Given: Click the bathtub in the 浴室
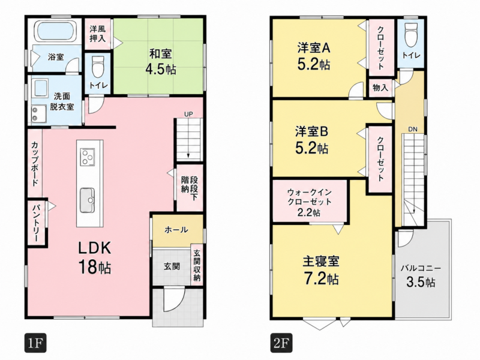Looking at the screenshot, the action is point(56,32).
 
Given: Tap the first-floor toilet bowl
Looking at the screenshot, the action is point(98,67).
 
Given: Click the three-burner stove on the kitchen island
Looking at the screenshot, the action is point(88,157).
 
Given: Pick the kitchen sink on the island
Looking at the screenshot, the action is point(87,200).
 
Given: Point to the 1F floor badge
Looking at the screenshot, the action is point(35,343).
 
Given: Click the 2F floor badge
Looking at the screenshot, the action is point(281,343).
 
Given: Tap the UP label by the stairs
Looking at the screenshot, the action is point(188,114).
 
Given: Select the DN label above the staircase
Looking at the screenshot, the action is point(413,130).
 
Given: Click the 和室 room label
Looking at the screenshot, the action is point(160,54).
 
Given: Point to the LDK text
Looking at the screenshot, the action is point(95,248).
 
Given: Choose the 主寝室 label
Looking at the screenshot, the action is point(321,262).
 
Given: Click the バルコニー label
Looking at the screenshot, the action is point(421,268).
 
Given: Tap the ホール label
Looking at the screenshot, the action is point(176,230).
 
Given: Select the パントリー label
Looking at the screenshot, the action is point(37,223).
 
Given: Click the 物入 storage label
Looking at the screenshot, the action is point(380,88).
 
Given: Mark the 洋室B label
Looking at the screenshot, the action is point(311,131).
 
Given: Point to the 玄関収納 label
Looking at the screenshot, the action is point(197,266).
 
